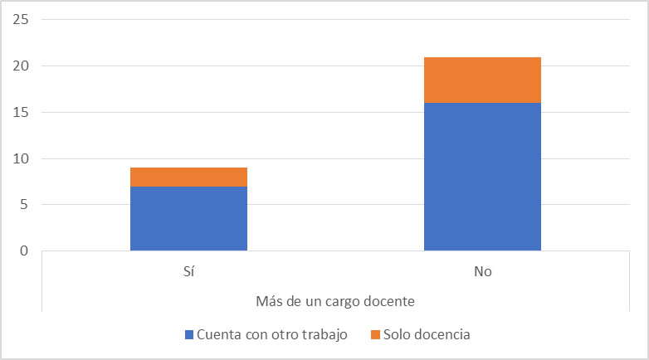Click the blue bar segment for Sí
pyautogui.click(x=188, y=218)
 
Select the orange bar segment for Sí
pyautogui.click(x=188, y=177)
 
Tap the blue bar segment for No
pyautogui.click(x=482, y=176)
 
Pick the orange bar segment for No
pyautogui.click(x=482, y=80)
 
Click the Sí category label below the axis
pyautogui.click(x=188, y=271)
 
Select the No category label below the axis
pyautogui.click(x=482, y=271)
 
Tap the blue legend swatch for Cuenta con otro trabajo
pyautogui.click(x=189, y=334)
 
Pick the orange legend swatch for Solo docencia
pyautogui.click(x=375, y=334)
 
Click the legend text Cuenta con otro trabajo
pyautogui.click(x=271, y=334)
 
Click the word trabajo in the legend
pyautogui.click(x=324, y=334)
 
